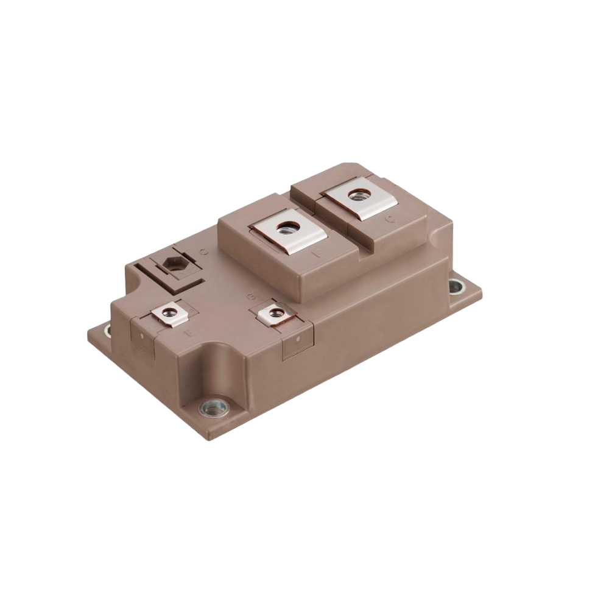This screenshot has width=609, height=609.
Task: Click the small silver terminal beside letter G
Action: [x=272, y=314]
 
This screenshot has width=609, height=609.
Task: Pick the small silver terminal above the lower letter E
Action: [x=166, y=314]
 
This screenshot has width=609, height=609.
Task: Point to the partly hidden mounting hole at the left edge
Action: [x=108, y=331]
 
